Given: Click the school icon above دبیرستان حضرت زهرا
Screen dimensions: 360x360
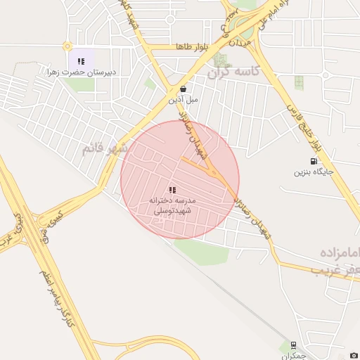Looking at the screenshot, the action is [81, 61].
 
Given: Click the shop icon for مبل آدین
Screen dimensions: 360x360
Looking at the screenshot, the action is [183, 89].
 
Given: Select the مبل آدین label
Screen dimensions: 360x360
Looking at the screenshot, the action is [183, 100].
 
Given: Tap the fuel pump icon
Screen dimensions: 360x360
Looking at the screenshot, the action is [313, 160].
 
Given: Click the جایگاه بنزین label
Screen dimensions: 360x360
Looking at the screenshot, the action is [312, 171].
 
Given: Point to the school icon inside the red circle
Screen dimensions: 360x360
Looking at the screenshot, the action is [172, 190].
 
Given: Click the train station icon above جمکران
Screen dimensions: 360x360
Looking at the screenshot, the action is [293, 345].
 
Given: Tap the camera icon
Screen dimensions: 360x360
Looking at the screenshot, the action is [354, 355].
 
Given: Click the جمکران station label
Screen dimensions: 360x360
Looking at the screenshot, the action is [299, 356].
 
